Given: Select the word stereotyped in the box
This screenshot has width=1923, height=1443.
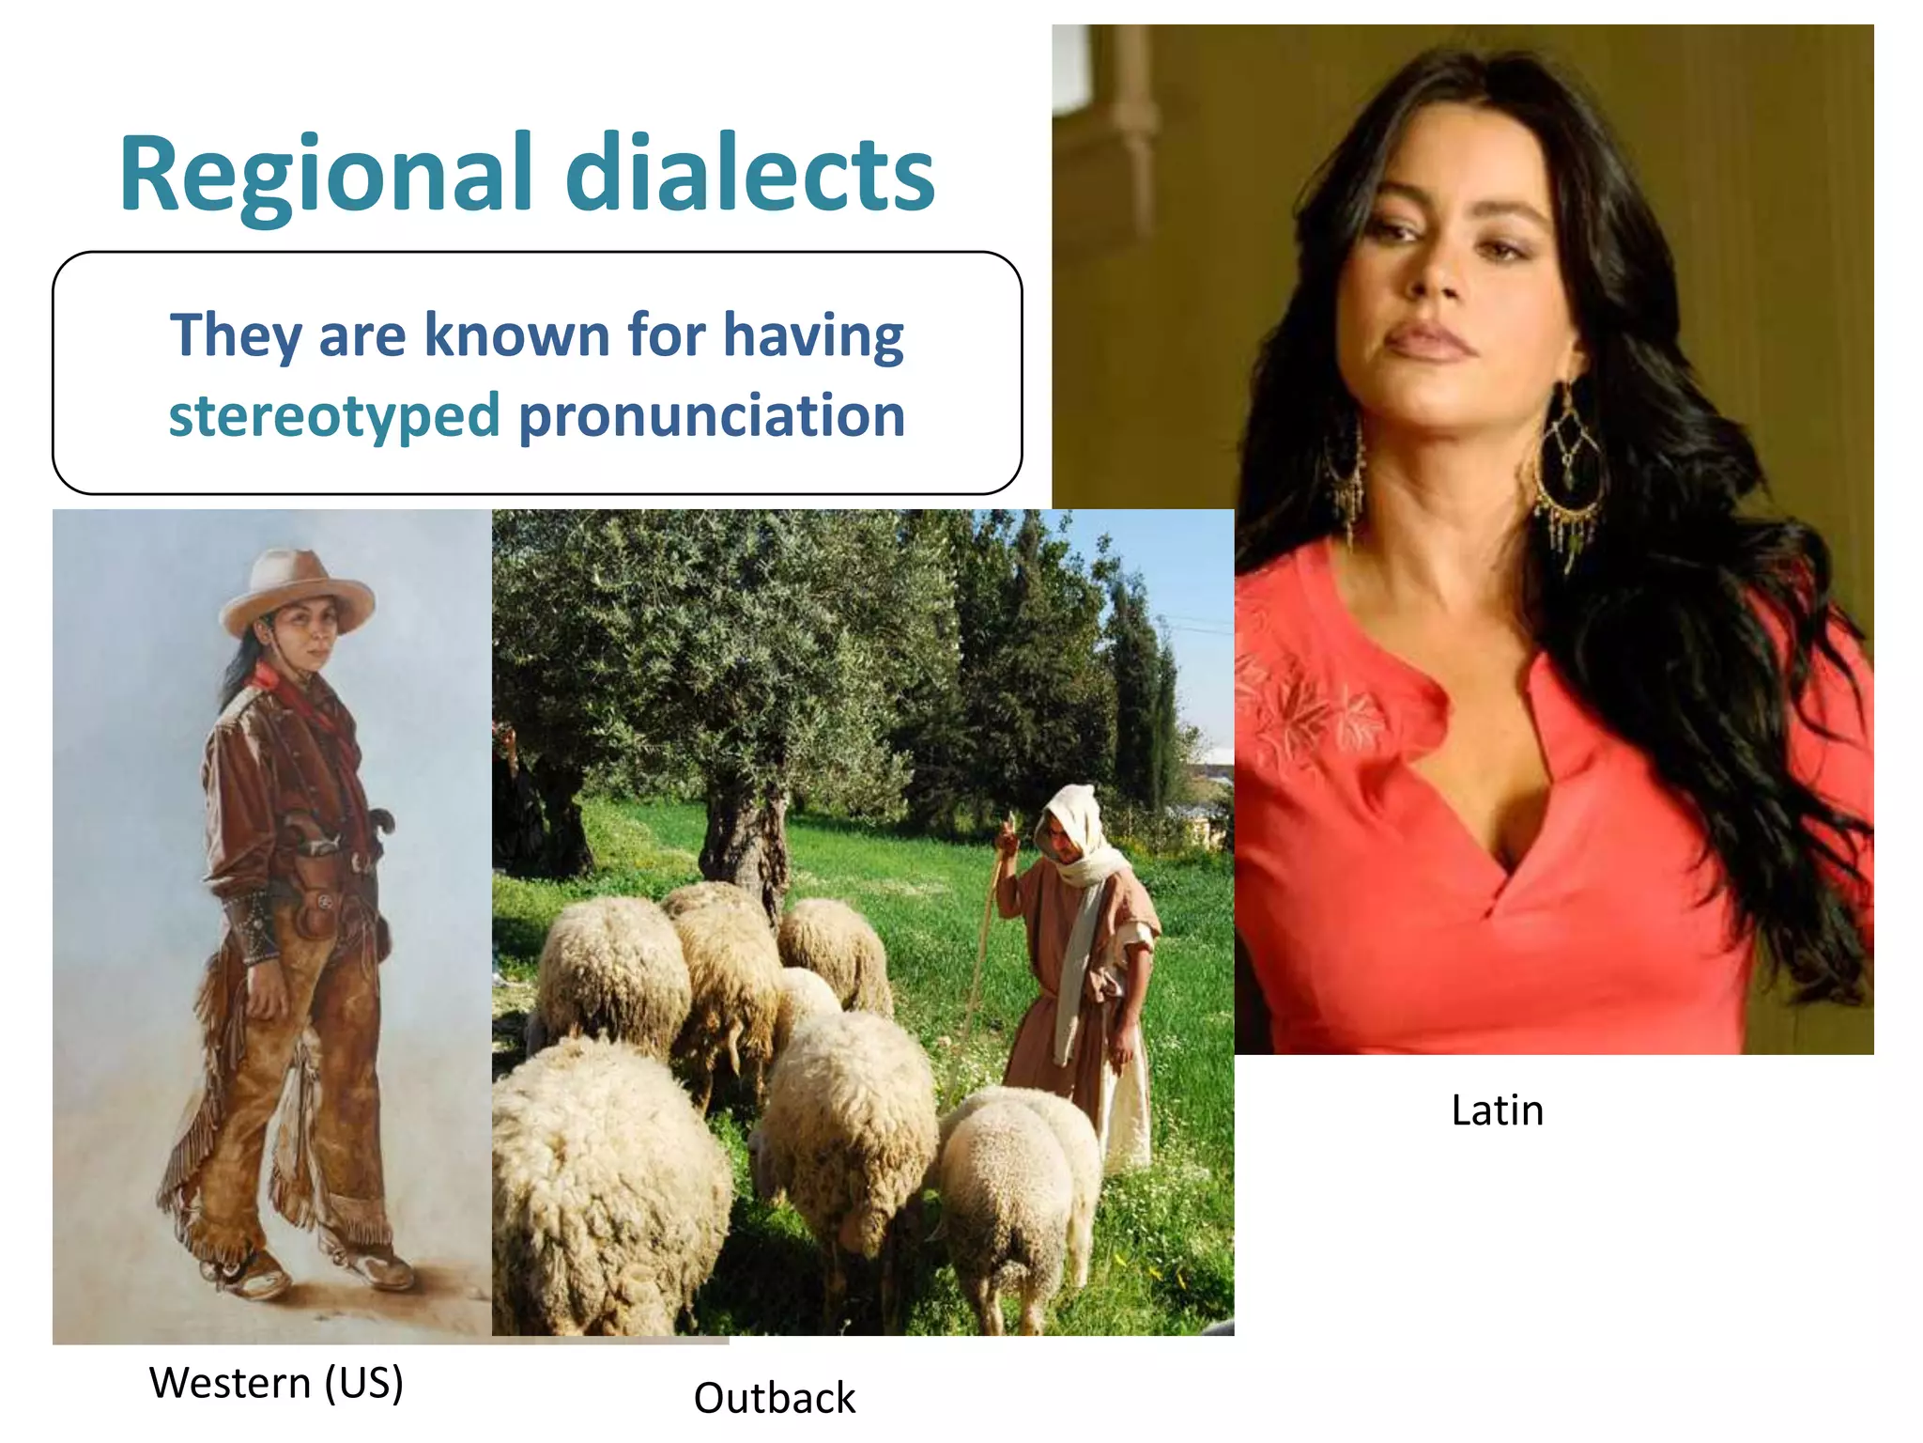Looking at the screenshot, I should coord(333,416).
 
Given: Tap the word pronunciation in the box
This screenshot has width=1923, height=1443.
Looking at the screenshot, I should coord(712,416).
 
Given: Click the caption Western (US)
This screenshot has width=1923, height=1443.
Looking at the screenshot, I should coord(276,1383).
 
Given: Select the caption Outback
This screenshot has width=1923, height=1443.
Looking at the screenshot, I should coord(774,1398).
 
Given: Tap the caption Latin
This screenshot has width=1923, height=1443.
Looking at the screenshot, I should coord(1497,1110).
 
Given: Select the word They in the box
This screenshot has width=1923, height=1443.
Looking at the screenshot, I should coord(235,335).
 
